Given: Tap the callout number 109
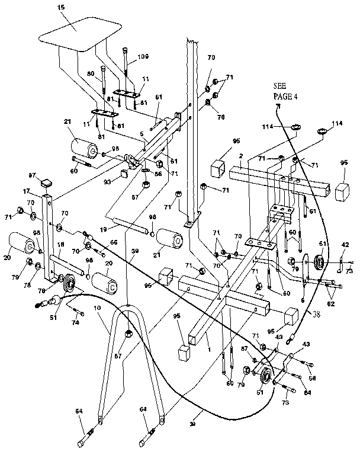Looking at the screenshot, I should pos(144,57).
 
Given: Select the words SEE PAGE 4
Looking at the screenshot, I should pos(284,91).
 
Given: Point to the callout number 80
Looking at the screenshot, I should pos(91,74).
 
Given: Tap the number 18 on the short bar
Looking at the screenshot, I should pos(60,243).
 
